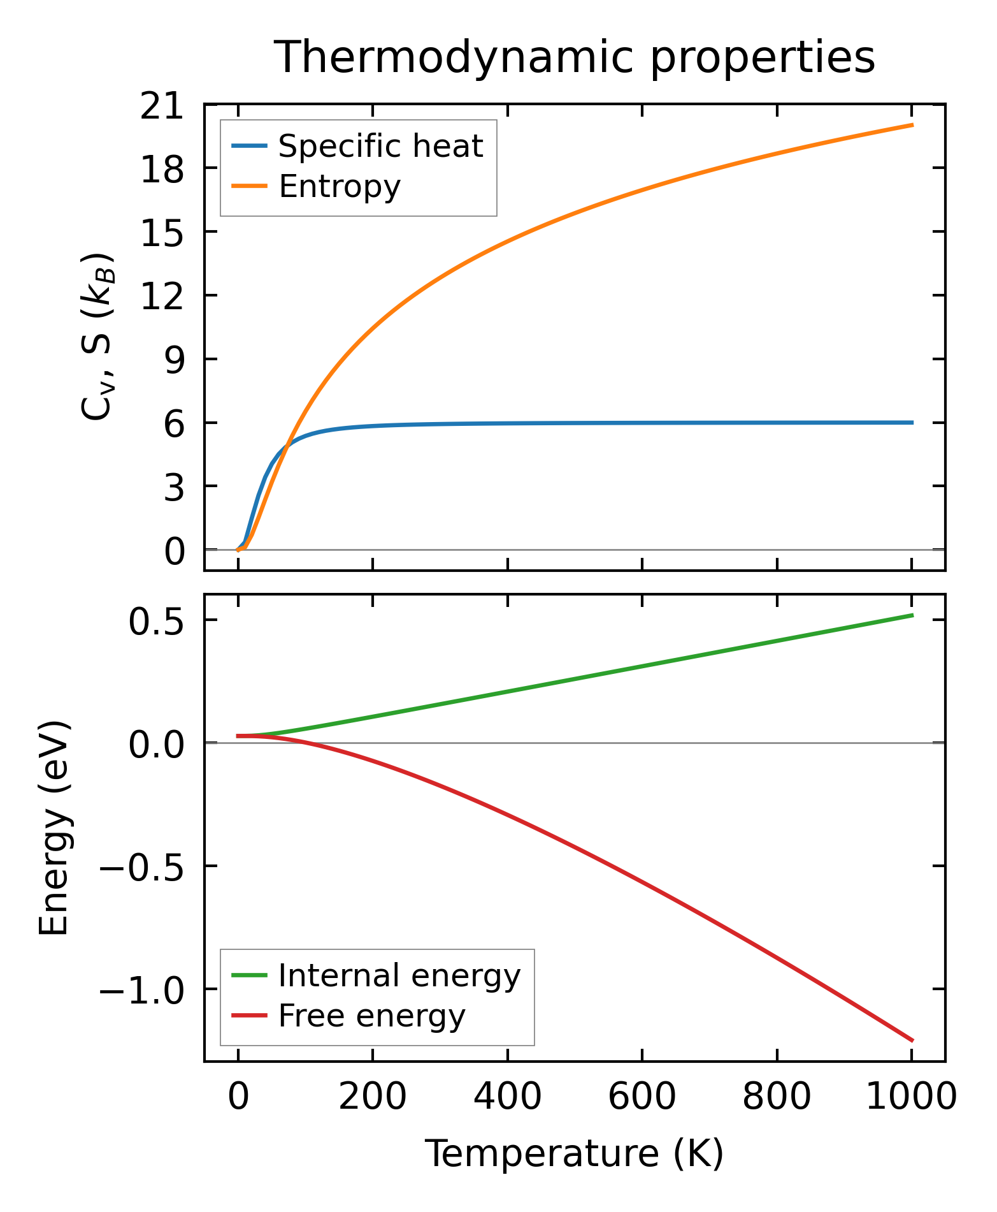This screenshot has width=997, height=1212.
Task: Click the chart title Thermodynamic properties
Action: (574, 57)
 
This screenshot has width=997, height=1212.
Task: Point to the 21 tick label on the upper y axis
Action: (162, 106)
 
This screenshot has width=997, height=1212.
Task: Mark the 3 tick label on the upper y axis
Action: (174, 488)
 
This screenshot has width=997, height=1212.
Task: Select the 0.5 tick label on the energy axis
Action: (156, 622)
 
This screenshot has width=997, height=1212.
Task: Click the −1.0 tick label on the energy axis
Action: (141, 990)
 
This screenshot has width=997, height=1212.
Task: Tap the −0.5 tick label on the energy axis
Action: (141, 867)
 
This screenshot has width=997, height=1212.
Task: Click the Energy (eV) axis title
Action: (54, 829)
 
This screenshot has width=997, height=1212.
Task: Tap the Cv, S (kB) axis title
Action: (98, 337)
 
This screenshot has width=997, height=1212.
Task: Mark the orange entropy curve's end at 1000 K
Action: (912, 125)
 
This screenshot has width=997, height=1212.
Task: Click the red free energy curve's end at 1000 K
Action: (912, 1040)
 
